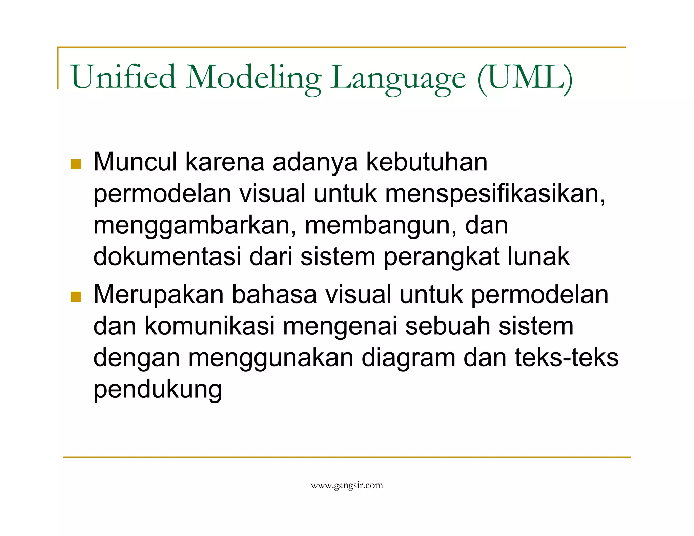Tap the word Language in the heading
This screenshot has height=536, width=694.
point(399,78)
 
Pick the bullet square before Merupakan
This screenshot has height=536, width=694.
point(76,297)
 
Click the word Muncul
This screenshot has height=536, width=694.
point(135,162)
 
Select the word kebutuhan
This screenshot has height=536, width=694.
point(427,162)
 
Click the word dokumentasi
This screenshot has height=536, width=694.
point(167,256)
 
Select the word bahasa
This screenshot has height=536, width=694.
point(274,294)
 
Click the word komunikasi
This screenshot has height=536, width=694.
point(209,326)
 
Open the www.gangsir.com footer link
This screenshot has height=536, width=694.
point(347,486)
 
